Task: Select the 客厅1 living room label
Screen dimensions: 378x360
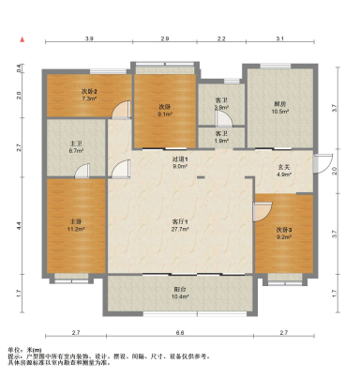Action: [180, 221]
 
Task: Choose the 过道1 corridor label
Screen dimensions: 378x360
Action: [180, 159]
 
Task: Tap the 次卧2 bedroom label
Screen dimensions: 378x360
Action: [90, 90]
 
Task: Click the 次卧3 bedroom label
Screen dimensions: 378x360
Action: [283, 230]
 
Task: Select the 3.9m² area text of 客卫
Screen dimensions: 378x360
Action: [221, 108]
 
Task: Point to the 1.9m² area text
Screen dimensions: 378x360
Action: [221, 142]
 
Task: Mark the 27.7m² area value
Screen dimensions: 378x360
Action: [180, 229]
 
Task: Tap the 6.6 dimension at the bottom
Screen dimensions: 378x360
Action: [180, 333]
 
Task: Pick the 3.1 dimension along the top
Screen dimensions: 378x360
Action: [279, 38]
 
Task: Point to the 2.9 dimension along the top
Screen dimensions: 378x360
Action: [165, 38]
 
